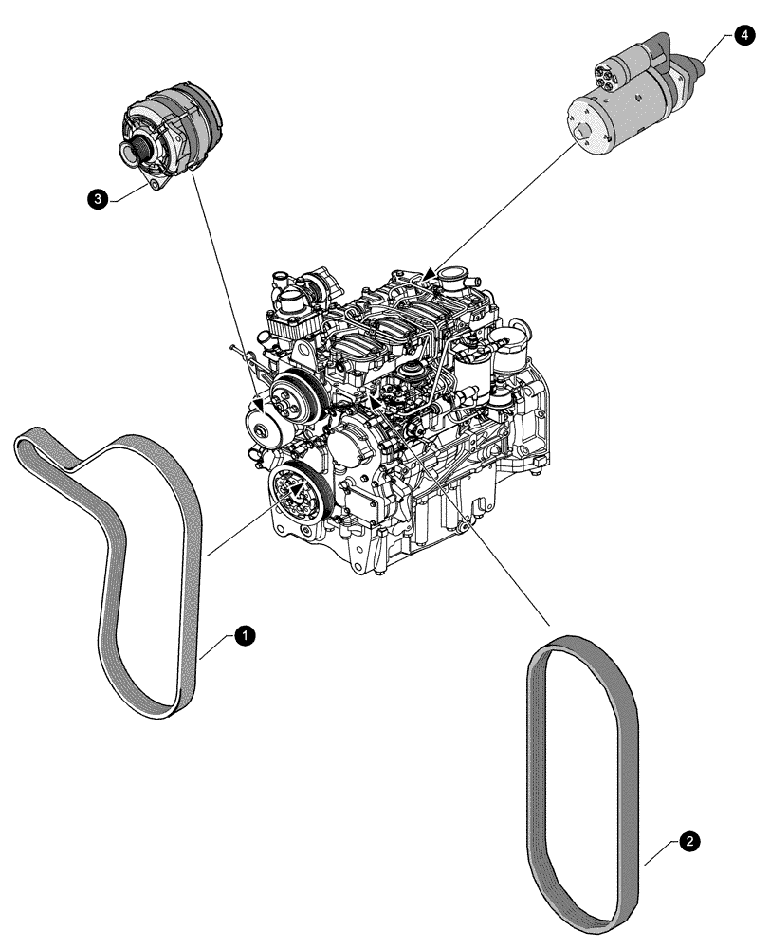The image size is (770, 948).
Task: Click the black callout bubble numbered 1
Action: pyautogui.click(x=244, y=636)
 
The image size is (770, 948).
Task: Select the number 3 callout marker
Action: pyautogui.click(x=95, y=198)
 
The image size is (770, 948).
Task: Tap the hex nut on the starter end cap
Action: pyautogui.click(x=580, y=134)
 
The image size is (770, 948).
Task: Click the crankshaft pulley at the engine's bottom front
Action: pyautogui.click(x=297, y=493)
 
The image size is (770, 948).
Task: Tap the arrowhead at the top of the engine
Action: pyautogui.click(x=430, y=275)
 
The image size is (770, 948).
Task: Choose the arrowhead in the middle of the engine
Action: pyautogui.click(x=376, y=402)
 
